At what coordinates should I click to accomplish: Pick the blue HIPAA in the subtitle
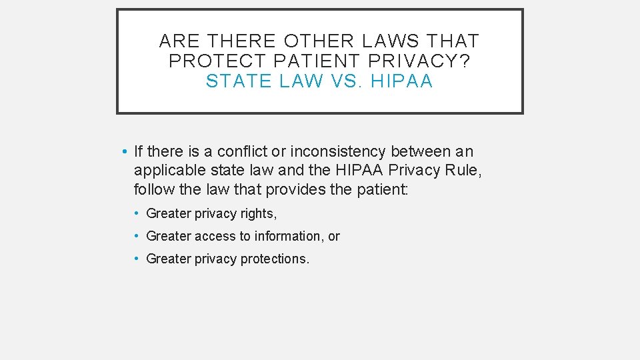pyautogui.click(x=402, y=81)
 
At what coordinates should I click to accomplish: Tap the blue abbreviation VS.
pyautogui.click(x=347, y=81)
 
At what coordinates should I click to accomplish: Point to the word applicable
pyautogui.click(x=169, y=171)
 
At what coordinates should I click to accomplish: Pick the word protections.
pyautogui.click(x=274, y=259)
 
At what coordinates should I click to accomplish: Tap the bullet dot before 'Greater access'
pyautogui.click(x=135, y=236)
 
